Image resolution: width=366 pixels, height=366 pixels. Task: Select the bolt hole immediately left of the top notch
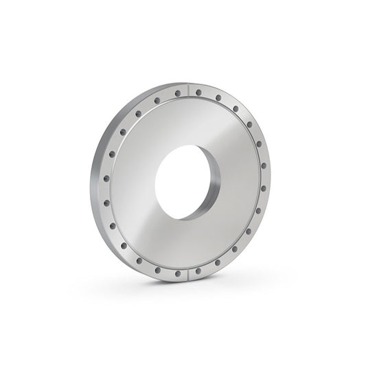pyautogui.click(x=178, y=93)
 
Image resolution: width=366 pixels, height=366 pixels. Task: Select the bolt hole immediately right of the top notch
pyautogui.click(x=198, y=92)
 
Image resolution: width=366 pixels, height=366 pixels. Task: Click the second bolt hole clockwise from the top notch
pyautogui.click(x=218, y=98)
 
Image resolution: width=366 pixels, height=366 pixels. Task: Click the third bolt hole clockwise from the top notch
pyautogui.click(x=236, y=108)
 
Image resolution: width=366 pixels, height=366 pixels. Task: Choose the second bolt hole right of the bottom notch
pyautogui.click(x=218, y=262)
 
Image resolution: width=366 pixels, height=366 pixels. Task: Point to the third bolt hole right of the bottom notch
pyautogui.click(x=235, y=249)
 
